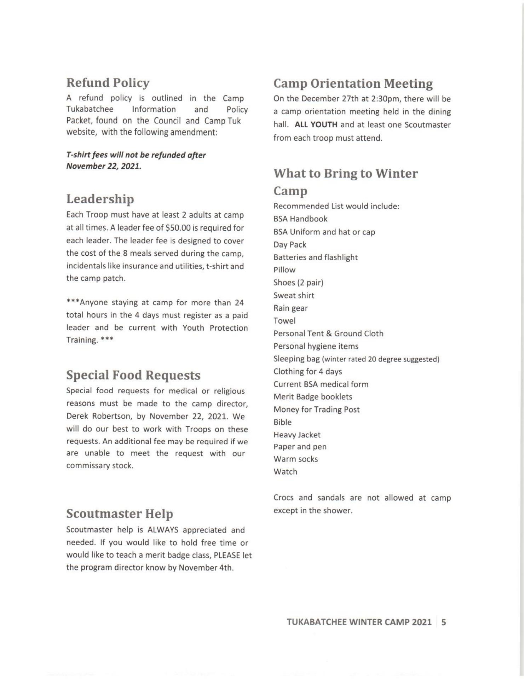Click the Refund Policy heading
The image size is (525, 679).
[108, 83]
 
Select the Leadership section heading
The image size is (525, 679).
[100, 199]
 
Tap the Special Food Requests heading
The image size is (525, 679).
[133, 375]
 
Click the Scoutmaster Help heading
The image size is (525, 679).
[120, 513]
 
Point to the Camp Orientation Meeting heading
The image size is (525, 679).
[353, 83]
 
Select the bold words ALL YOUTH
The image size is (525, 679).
[316, 125]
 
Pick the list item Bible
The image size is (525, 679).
[282, 422]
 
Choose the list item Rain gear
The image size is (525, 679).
[290, 308]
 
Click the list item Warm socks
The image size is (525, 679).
[295, 459]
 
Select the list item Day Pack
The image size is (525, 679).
[290, 245]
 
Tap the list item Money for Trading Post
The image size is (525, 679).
[316, 410]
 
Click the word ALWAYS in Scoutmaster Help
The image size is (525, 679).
[163, 530]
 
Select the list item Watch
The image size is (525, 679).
[285, 472]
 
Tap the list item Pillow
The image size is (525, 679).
[284, 270]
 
